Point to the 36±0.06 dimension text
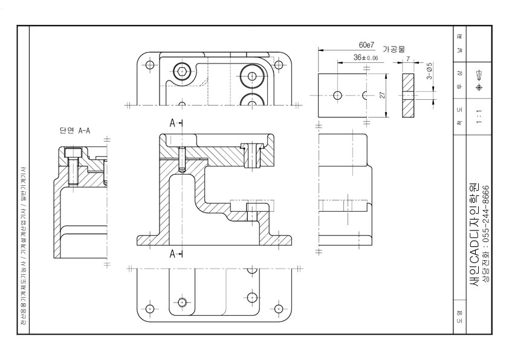point(366,57)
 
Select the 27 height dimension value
point(382,96)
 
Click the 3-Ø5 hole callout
point(429,71)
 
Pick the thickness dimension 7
point(408,59)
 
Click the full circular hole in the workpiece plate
point(337,95)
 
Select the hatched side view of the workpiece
point(408,95)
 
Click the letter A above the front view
point(173,123)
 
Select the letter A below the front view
point(173,254)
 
